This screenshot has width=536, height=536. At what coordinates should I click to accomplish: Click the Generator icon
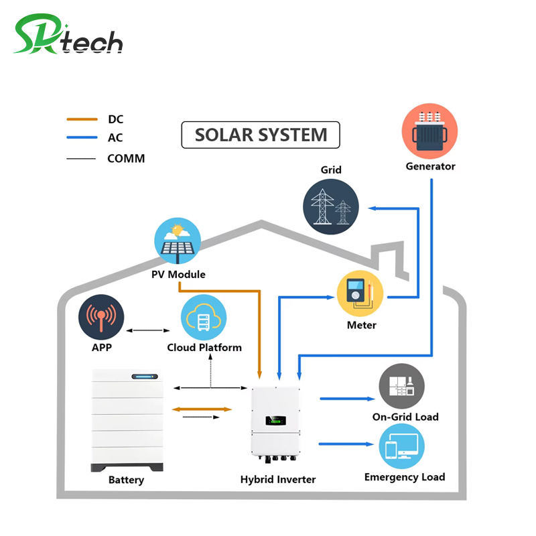tap(429, 131)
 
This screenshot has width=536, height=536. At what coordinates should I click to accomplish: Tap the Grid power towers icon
tap(331, 207)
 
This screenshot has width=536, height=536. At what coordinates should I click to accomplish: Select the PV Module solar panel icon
tap(178, 241)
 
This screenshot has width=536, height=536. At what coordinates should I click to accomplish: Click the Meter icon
tap(360, 293)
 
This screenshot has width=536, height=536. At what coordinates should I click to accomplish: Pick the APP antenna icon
tap(101, 317)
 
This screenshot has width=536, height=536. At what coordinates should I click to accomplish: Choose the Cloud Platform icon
tap(204, 317)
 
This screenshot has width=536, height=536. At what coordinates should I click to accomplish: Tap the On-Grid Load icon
tap(401, 387)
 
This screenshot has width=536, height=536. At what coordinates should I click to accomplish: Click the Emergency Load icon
tap(401, 446)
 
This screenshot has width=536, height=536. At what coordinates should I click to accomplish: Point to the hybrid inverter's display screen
tap(275, 420)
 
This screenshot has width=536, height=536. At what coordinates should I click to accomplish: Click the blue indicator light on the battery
tap(145, 377)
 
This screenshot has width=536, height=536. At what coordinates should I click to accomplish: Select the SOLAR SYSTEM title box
tap(261, 135)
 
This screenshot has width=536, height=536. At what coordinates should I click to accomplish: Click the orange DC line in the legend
tap(82, 119)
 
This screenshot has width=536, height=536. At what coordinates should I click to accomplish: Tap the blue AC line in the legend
tap(82, 137)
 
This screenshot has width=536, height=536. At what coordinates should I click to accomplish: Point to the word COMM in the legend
tap(126, 158)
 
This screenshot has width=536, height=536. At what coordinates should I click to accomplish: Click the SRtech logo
tap(68, 34)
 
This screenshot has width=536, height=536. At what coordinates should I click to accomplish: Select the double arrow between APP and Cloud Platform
tap(148, 330)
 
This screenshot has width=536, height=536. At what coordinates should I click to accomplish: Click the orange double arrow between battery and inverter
tap(202, 409)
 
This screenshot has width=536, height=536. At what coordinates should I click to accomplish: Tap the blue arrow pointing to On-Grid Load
tap(347, 399)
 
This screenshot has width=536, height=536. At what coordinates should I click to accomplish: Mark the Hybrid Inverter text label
tap(278, 479)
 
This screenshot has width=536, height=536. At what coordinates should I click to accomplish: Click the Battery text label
tap(126, 480)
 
